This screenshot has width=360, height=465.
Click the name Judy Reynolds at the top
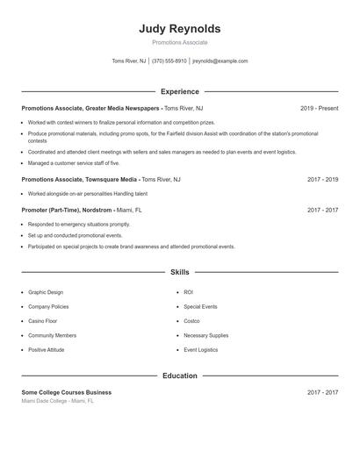[180, 28]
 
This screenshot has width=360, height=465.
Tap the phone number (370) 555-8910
[169, 61]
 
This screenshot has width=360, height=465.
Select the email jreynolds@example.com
[220, 61]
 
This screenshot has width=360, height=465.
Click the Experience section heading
[180, 91]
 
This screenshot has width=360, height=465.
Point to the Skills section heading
[180, 272]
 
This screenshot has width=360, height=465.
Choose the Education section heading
[180, 376]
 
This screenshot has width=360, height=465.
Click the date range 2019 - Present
[319, 108]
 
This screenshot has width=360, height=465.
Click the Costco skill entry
[192, 321]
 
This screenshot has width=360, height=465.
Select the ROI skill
[189, 292]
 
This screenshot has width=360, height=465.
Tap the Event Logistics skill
[201, 349]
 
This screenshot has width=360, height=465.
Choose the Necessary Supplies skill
[206, 335]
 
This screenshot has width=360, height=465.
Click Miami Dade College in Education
[56, 401]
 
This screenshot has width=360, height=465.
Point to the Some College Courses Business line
[67, 392]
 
